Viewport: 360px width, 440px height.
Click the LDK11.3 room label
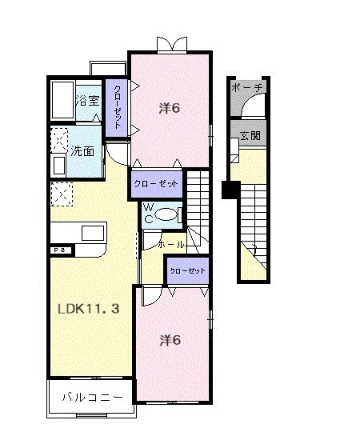[x=89, y=309]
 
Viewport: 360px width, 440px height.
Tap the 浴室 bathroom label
[x=88, y=101]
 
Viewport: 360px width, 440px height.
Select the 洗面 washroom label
[x=82, y=151]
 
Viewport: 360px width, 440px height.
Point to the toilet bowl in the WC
[x=166, y=215]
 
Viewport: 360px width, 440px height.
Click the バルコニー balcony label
[x=92, y=397]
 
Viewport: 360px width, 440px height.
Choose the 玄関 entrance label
[x=250, y=135]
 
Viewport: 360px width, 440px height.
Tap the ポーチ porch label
[x=247, y=88]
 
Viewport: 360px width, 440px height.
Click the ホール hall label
[x=171, y=245]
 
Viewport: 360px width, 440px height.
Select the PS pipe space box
[x=62, y=250]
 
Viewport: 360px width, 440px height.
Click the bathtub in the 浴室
[x=63, y=100]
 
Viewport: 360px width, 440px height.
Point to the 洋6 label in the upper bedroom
[x=170, y=108]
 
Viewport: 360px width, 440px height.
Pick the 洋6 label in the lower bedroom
[x=170, y=340]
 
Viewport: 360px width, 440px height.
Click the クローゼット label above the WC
[x=156, y=184]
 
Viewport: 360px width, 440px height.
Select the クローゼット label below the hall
[x=187, y=270]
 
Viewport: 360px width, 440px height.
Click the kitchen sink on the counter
[x=93, y=233]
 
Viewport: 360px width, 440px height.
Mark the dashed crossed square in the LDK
[x=62, y=194]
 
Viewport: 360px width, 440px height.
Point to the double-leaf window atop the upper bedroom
[x=171, y=44]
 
